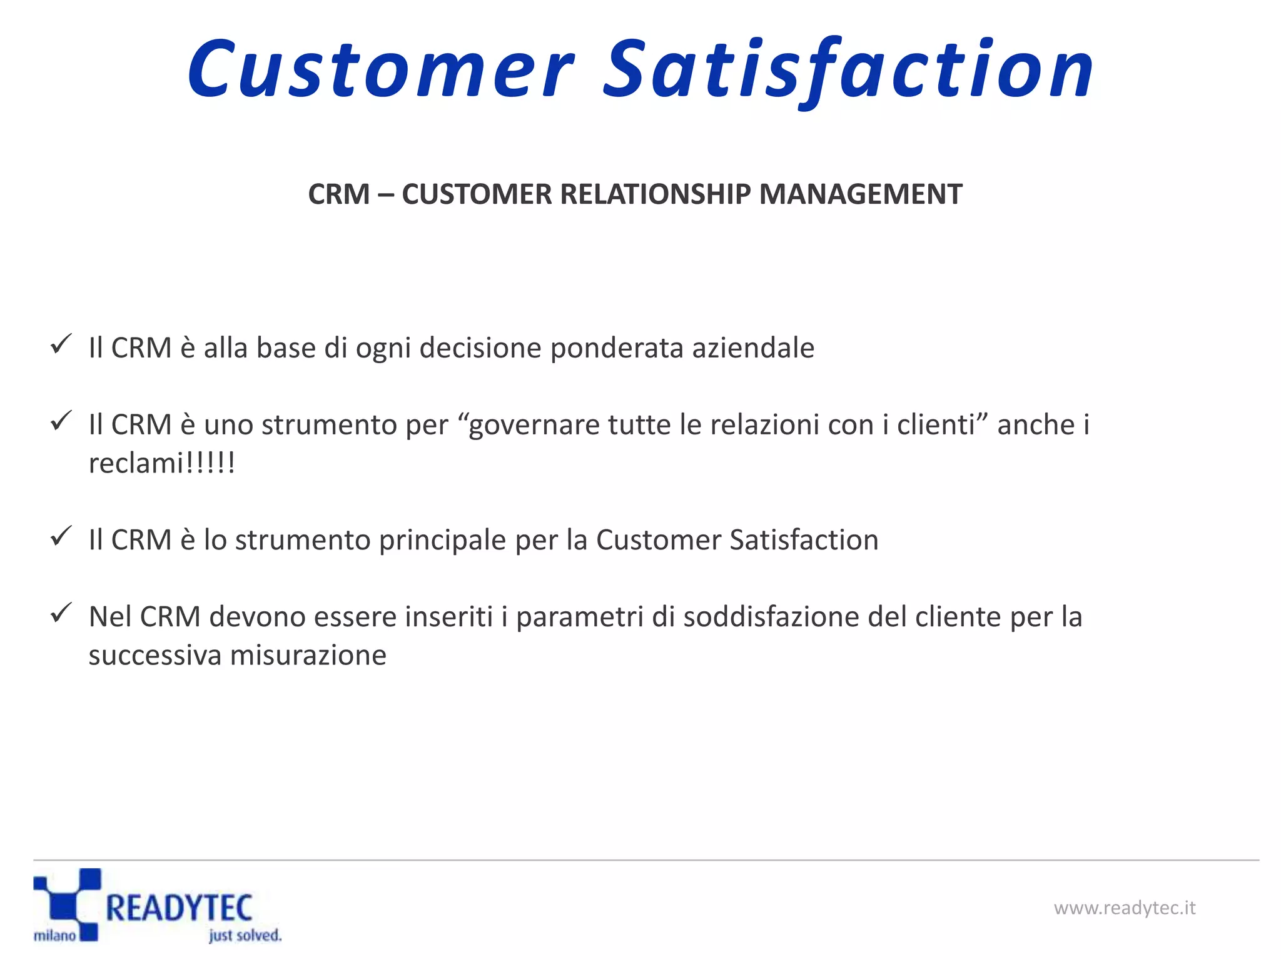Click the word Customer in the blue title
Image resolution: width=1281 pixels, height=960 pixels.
[x=380, y=69]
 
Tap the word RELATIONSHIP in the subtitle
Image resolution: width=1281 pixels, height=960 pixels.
[x=654, y=194]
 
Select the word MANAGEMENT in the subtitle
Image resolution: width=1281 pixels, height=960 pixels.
[x=860, y=194]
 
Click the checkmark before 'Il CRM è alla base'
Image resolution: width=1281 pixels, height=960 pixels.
[x=61, y=344]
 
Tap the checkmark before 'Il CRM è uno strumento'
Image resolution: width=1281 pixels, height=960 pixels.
[x=61, y=421]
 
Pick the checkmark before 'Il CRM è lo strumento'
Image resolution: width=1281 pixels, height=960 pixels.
[x=61, y=536]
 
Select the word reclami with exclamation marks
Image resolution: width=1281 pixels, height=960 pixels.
[x=161, y=464]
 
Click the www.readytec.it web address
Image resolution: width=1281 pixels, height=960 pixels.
[x=1124, y=907]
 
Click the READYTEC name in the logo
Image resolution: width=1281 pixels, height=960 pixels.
[x=179, y=908]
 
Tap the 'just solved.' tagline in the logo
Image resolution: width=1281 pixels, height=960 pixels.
[x=245, y=936]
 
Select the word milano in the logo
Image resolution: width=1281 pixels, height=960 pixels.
[x=54, y=936]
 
